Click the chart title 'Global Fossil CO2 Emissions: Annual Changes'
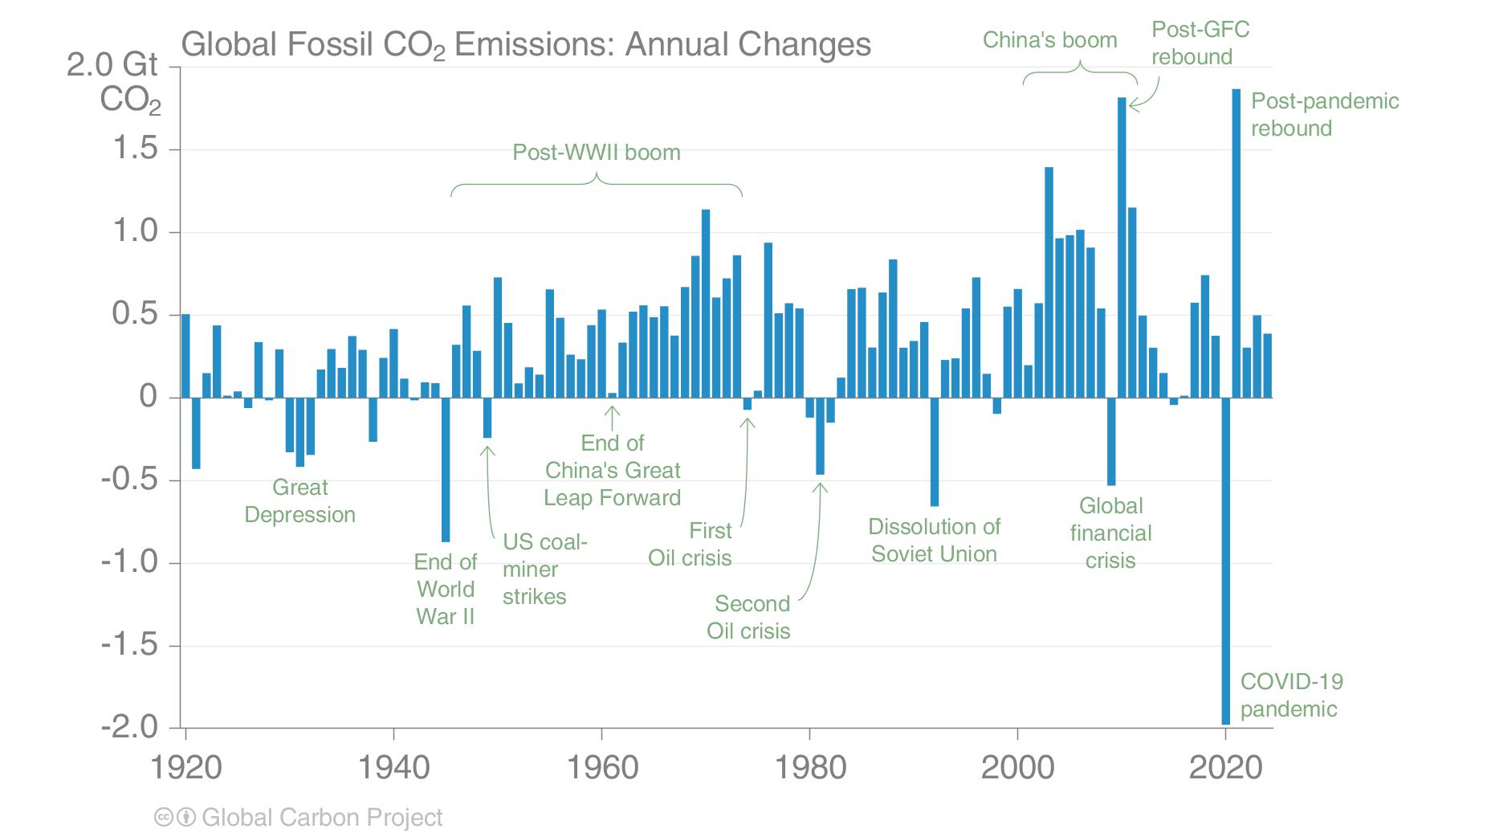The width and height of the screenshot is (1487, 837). pyautogui.click(x=526, y=45)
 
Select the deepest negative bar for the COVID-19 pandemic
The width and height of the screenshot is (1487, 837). pyautogui.click(x=1225, y=562)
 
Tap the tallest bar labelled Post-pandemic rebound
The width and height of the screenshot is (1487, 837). pyautogui.click(x=1236, y=241)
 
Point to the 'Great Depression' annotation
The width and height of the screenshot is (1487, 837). pyautogui.click(x=299, y=501)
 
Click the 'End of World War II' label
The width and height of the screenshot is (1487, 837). pyautogui.click(x=446, y=590)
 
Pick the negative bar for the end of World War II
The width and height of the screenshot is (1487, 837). pyautogui.click(x=446, y=470)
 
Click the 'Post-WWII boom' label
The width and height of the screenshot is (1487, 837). pyautogui.click(x=597, y=153)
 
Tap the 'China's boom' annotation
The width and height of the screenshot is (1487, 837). pyautogui.click(x=1049, y=40)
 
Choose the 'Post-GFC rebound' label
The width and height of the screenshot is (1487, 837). pyautogui.click(x=1200, y=43)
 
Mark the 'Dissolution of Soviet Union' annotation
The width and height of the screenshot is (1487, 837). pyautogui.click(x=934, y=541)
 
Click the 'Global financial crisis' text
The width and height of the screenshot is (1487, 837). pyautogui.click(x=1110, y=533)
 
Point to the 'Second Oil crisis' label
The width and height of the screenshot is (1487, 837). pyautogui.click(x=749, y=618)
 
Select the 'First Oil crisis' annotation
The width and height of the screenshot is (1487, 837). pyautogui.click(x=691, y=545)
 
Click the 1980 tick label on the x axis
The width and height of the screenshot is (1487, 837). pyautogui.click(x=810, y=768)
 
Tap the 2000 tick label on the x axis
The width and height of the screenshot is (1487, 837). pyautogui.click(x=1017, y=768)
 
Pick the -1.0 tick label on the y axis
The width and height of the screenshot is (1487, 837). pyautogui.click(x=129, y=561)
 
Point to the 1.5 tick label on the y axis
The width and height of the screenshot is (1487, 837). pyautogui.click(x=135, y=149)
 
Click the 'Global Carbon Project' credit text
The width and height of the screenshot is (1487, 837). pyautogui.click(x=322, y=818)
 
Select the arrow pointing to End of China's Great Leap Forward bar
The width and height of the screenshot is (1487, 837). pyautogui.click(x=613, y=418)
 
